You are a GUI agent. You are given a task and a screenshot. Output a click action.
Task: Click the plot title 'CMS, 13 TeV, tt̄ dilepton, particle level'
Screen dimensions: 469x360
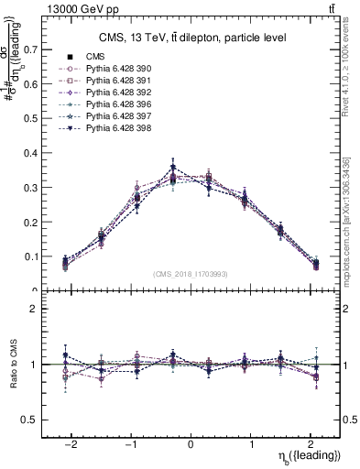[192, 38]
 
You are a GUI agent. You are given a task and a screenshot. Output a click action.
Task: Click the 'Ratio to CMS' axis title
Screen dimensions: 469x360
[13, 364]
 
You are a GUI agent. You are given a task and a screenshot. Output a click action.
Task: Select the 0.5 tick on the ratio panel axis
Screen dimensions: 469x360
[32, 420]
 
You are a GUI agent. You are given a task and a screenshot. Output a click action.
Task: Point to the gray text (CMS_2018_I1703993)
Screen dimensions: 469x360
[191, 273]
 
